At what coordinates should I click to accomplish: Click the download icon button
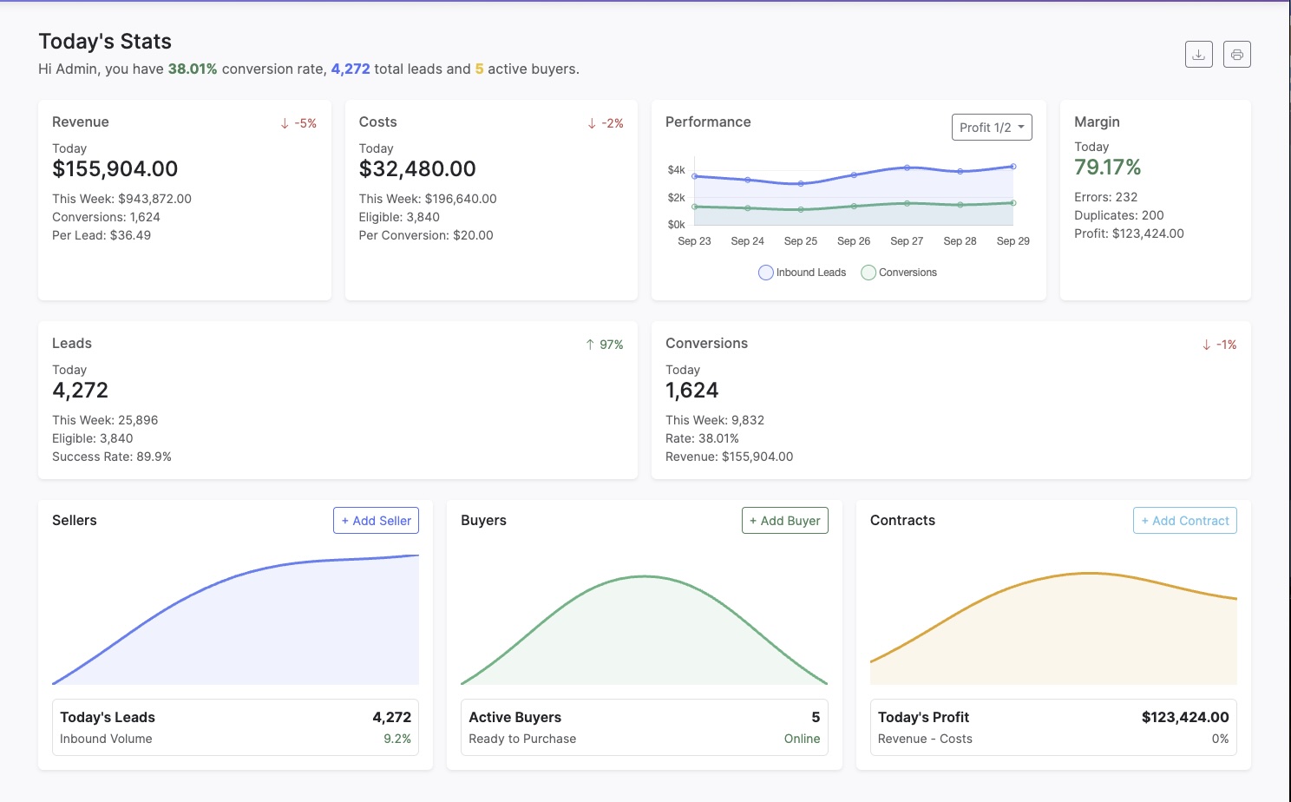pos(1198,55)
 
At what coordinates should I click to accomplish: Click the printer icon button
pos(1236,55)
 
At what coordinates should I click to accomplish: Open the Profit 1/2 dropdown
pos(992,128)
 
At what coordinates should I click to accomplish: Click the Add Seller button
pos(376,521)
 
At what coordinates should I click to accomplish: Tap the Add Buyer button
pos(784,521)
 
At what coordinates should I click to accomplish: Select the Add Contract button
pos(1184,521)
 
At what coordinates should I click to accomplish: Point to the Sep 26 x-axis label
pos(853,241)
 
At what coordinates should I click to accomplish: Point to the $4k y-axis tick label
pos(676,170)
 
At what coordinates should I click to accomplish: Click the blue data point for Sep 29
pos(1012,167)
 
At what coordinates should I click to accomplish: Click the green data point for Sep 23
pos(694,207)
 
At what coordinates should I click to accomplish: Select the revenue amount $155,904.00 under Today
pos(115,169)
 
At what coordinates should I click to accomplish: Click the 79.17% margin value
pos(1107,168)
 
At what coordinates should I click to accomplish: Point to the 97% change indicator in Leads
pos(605,345)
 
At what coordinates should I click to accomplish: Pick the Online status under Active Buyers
pos(802,739)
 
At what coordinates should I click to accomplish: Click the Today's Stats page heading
pos(105,42)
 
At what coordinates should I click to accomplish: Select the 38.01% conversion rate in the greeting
pos(192,69)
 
